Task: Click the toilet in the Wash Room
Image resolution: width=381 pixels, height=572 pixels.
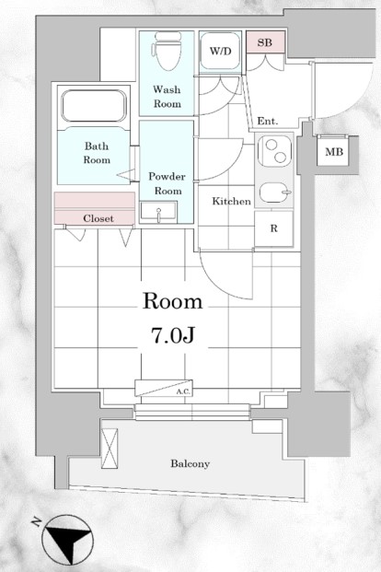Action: (167, 51)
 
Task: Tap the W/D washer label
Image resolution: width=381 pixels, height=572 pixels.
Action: (220, 51)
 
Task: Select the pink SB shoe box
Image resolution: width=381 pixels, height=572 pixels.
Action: (265, 42)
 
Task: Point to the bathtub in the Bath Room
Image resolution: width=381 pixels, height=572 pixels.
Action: (94, 106)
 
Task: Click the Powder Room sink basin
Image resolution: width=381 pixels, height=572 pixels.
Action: (158, 212)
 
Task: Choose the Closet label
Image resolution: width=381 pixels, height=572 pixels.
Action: (98, 218)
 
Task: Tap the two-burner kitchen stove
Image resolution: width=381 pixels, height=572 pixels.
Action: (274, 151)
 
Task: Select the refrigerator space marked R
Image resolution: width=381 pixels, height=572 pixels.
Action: (274, 228)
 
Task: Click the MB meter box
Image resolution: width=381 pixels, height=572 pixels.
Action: (334, 151)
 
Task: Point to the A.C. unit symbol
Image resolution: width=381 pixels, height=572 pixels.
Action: (164, 388)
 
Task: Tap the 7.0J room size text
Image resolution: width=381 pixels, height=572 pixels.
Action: (172, 335)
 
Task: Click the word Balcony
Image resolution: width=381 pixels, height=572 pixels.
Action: (190, 463)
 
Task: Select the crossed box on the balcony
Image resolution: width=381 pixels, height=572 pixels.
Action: (110, 449)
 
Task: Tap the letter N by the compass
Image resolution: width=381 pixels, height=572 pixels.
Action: (37, 522)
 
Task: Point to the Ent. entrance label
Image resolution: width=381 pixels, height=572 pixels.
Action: (268, 121)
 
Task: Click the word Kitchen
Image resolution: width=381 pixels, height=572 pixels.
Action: (232, 201)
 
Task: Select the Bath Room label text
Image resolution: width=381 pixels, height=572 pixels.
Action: (97, 153)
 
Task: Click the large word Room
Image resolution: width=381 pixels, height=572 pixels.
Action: (172, 302)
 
